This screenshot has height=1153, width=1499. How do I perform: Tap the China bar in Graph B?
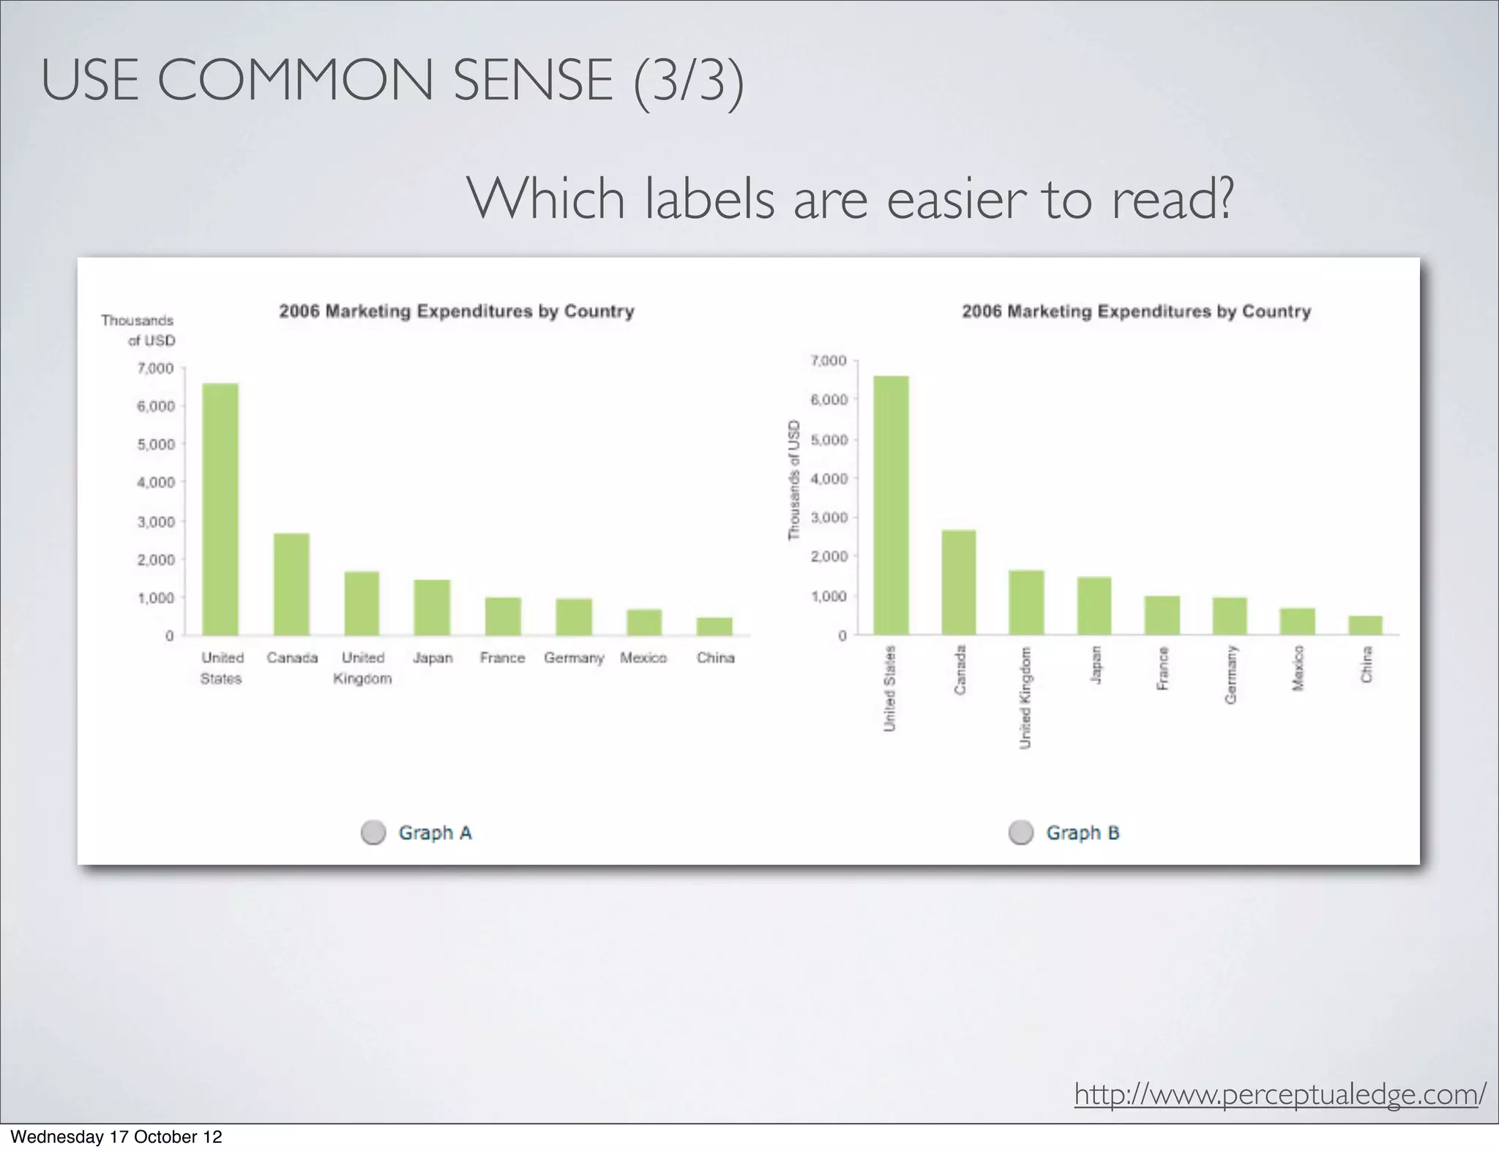(x=1366, y=626)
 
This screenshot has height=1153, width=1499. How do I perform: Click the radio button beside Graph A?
(x=373, y=833)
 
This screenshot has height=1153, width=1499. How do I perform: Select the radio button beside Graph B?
(x=1021, y=833)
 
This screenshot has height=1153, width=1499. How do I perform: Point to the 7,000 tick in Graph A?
(x=155, y=368)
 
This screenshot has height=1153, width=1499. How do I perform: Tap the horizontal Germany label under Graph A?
(x=574, y=658)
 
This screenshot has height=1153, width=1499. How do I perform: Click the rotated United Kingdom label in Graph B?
(x=1025, y=697)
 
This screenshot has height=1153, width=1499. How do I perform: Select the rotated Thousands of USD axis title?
(x=794, y=480)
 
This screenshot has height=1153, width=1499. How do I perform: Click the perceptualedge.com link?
(x=1279, y=1094)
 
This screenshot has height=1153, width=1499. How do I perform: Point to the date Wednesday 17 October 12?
(x=116, y=1137)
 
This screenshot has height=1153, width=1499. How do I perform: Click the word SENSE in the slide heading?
(x=533, y=80)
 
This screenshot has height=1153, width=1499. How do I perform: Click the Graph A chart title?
(x=457, y=312)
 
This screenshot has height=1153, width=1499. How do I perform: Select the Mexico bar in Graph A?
(x=644, y=622)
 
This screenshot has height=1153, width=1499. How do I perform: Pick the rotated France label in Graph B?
(x=1162, y=668)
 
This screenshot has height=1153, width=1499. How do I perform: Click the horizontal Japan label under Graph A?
(x=433, y=658)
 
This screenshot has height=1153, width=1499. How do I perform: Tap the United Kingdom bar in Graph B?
(x=1026, y=602)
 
